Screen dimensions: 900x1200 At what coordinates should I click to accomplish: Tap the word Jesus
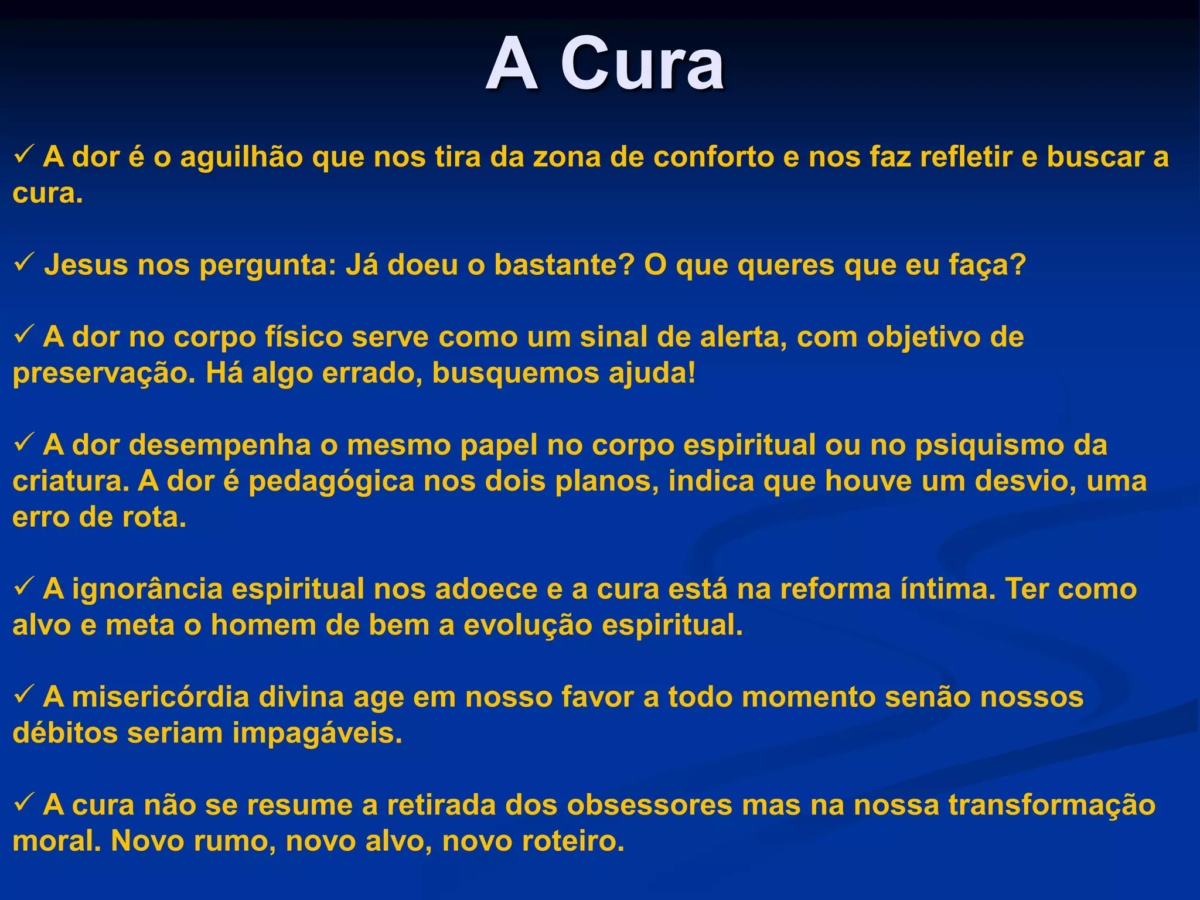point(86,265)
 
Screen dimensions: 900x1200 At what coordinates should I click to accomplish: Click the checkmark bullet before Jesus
point(26,264)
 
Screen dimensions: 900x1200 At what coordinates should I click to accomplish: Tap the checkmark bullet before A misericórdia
point(26,696)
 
